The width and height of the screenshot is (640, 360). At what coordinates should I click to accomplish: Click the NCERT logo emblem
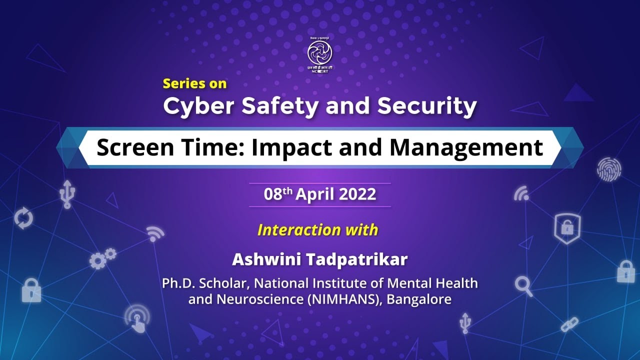point(319,52)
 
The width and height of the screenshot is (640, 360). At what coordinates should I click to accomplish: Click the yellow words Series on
point(194,83)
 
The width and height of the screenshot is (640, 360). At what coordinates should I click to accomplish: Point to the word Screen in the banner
point(129,147)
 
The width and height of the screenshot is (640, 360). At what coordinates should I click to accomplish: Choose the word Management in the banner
point(466,147)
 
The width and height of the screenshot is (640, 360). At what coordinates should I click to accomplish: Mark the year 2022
point(357,194)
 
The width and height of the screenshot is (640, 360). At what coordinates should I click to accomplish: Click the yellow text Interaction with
point(317,230)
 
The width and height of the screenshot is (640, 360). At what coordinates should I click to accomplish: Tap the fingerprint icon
point(608,169)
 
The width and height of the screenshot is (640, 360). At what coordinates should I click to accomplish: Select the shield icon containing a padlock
point(567,228)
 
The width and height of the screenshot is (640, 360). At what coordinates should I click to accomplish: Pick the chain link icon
point(569,324)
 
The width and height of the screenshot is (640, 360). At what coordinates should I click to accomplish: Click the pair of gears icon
point(102,258)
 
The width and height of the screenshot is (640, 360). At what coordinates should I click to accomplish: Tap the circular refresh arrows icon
point(23,219)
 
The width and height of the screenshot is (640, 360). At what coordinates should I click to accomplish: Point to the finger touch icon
point(137,318)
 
